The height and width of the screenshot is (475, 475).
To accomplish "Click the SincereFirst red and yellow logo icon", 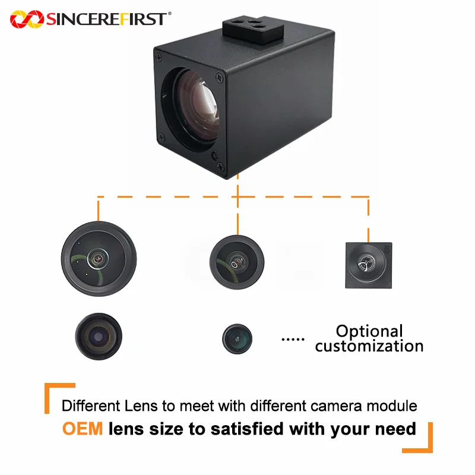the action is pos(27,19).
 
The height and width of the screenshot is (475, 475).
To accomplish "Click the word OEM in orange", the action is pos(83,429).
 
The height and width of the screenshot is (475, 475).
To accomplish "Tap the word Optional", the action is pos(369,332).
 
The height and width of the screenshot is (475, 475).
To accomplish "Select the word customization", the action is pos(369,346).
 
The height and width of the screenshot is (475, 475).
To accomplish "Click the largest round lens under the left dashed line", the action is pos(99,259).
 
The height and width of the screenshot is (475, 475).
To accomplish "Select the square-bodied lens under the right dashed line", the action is pos(369,265).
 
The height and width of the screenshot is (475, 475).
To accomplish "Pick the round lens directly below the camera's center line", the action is pos(237,262).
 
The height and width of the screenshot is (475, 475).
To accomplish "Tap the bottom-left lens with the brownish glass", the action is pos(99,337).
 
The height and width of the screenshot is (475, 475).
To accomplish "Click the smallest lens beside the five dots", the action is pos(237,338).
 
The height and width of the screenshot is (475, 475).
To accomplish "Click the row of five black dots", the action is pos(293,339).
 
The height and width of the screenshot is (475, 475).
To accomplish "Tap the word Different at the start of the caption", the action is pos(91,406).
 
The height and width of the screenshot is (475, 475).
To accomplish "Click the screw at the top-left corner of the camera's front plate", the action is pos(159,57).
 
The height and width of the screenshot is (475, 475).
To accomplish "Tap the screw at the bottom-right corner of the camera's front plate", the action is pos(220,166).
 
